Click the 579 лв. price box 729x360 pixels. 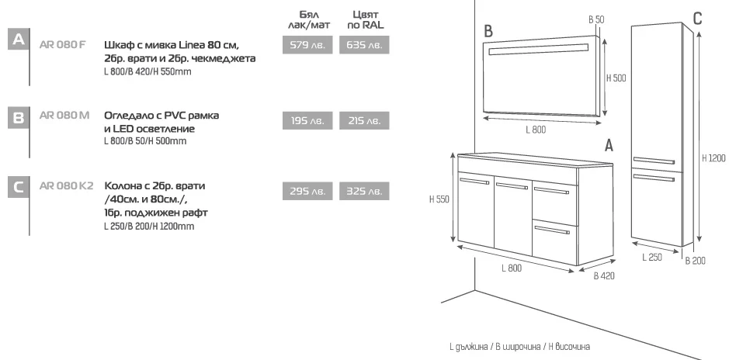(x=307, y=45)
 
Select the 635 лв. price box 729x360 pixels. (x=364, y=45)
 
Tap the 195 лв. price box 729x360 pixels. (x=307, y=121)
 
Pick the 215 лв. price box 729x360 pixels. (x=364, y=121)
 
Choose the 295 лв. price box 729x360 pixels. (x=307, y=191)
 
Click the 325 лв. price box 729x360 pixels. (x=364, y=191)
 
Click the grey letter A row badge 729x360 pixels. (x=19, y=39)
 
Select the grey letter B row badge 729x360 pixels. (x=19, y=117)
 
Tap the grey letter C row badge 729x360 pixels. (x=19, y=187)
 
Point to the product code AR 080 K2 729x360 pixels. (x=67, y=185)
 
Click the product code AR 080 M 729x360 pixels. (x=64, y=115)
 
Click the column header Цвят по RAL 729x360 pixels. (x=366, y=19)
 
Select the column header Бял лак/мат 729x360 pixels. (x=309, y=19)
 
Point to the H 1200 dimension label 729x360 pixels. (x=713, y=158)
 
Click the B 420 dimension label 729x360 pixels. (x=604, y=276)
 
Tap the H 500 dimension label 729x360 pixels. (x=616, y=78)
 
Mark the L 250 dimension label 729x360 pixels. (x=652, y=257)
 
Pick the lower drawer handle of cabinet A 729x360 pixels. (x=552, y=230)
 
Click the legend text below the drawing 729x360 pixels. (x=520, y=347)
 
